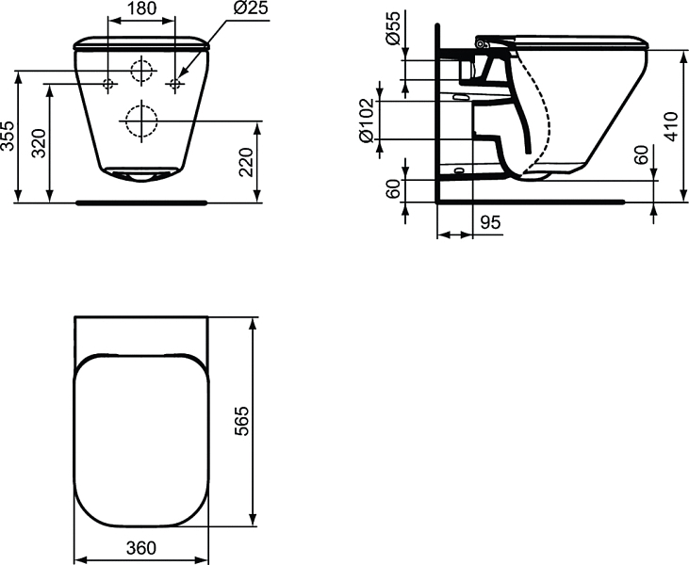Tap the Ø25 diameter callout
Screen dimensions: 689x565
pos(251,8)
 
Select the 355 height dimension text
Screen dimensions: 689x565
pos(8,136)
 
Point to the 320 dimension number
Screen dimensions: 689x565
pos(40,143)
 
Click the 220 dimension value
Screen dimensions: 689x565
pos(246,162)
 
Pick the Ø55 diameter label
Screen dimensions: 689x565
pos(393,28)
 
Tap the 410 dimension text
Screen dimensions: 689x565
pos(670,127)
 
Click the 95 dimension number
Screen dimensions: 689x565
pos(490,222)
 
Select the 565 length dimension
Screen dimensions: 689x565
pos(241,421)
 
